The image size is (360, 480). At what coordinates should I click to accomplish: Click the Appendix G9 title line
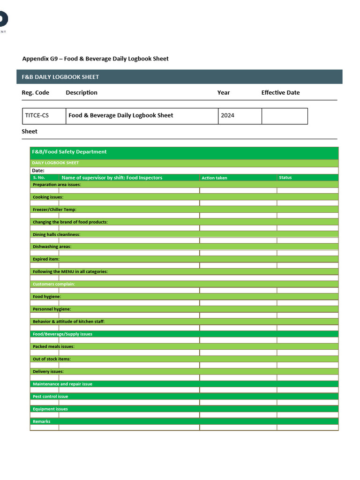(95, 59)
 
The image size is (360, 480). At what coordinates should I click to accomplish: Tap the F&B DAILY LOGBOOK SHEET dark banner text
(60, 77)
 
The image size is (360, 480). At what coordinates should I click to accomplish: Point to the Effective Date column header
(280, 93)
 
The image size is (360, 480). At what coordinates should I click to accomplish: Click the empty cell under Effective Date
(284, 116)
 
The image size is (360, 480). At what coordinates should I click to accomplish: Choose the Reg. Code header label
(36, 93)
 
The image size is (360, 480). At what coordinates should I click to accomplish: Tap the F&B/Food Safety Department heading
(69, 152)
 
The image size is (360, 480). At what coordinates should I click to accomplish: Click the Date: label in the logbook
(38, 171)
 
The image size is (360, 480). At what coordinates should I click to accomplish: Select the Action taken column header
(214, 178)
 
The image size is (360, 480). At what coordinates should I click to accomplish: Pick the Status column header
(285, 178)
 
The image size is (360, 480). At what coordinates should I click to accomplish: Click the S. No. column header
(39, 178)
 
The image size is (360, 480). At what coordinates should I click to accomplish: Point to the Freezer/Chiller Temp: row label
(54, 210)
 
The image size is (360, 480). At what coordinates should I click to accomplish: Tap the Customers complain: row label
(53, 284)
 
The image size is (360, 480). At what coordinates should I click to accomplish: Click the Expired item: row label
(46, 259)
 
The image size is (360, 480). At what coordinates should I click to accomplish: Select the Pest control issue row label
(50, 397)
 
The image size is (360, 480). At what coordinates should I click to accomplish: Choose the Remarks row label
(41, 421)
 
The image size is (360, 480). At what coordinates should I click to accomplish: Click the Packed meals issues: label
(53, 346)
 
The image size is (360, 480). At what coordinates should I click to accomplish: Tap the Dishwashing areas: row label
(52, 247)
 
